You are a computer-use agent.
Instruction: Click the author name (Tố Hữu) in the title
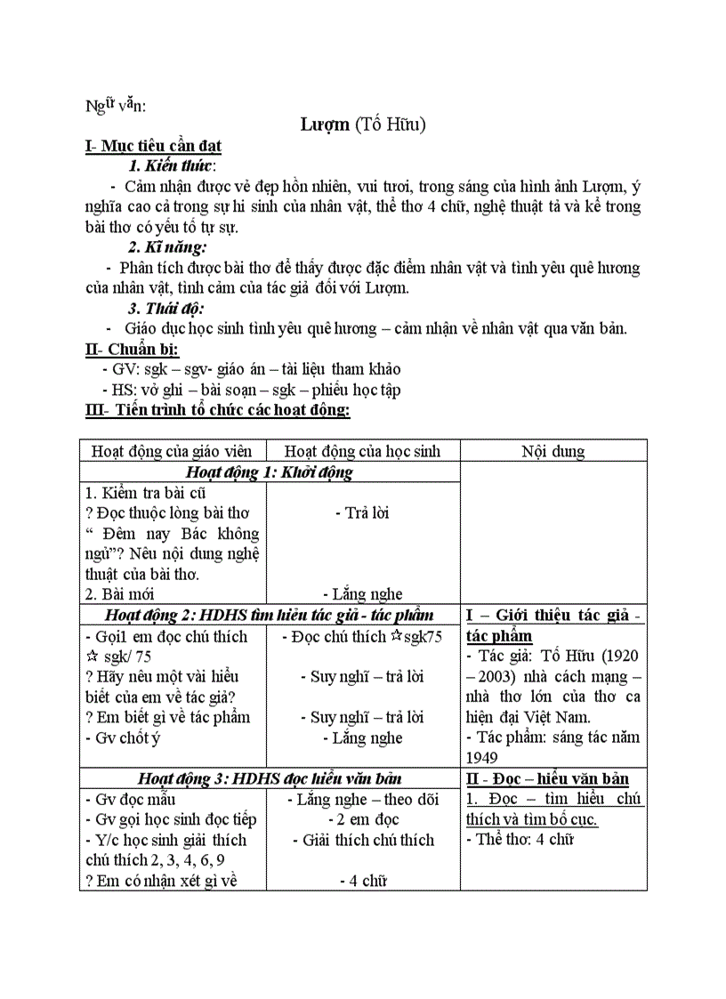pos(390,125)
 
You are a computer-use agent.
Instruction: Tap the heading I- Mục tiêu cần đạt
pos(153,146)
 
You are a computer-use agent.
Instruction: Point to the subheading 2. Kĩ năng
pos(167,246)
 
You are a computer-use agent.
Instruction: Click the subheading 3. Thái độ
pos(165,308)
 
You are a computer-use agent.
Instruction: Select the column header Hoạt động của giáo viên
pos(173,451)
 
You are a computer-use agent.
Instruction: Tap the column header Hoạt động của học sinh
pos(362,451)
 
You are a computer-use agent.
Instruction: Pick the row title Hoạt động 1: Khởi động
pos(270,472)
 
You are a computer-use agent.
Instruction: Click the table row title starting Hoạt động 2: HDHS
pos(270,615)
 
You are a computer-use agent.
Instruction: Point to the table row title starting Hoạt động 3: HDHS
pos(270,779)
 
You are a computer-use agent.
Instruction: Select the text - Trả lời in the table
pos(362,512)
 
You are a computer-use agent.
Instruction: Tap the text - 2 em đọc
pos(362,819)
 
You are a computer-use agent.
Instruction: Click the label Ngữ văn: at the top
pos(116,106)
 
